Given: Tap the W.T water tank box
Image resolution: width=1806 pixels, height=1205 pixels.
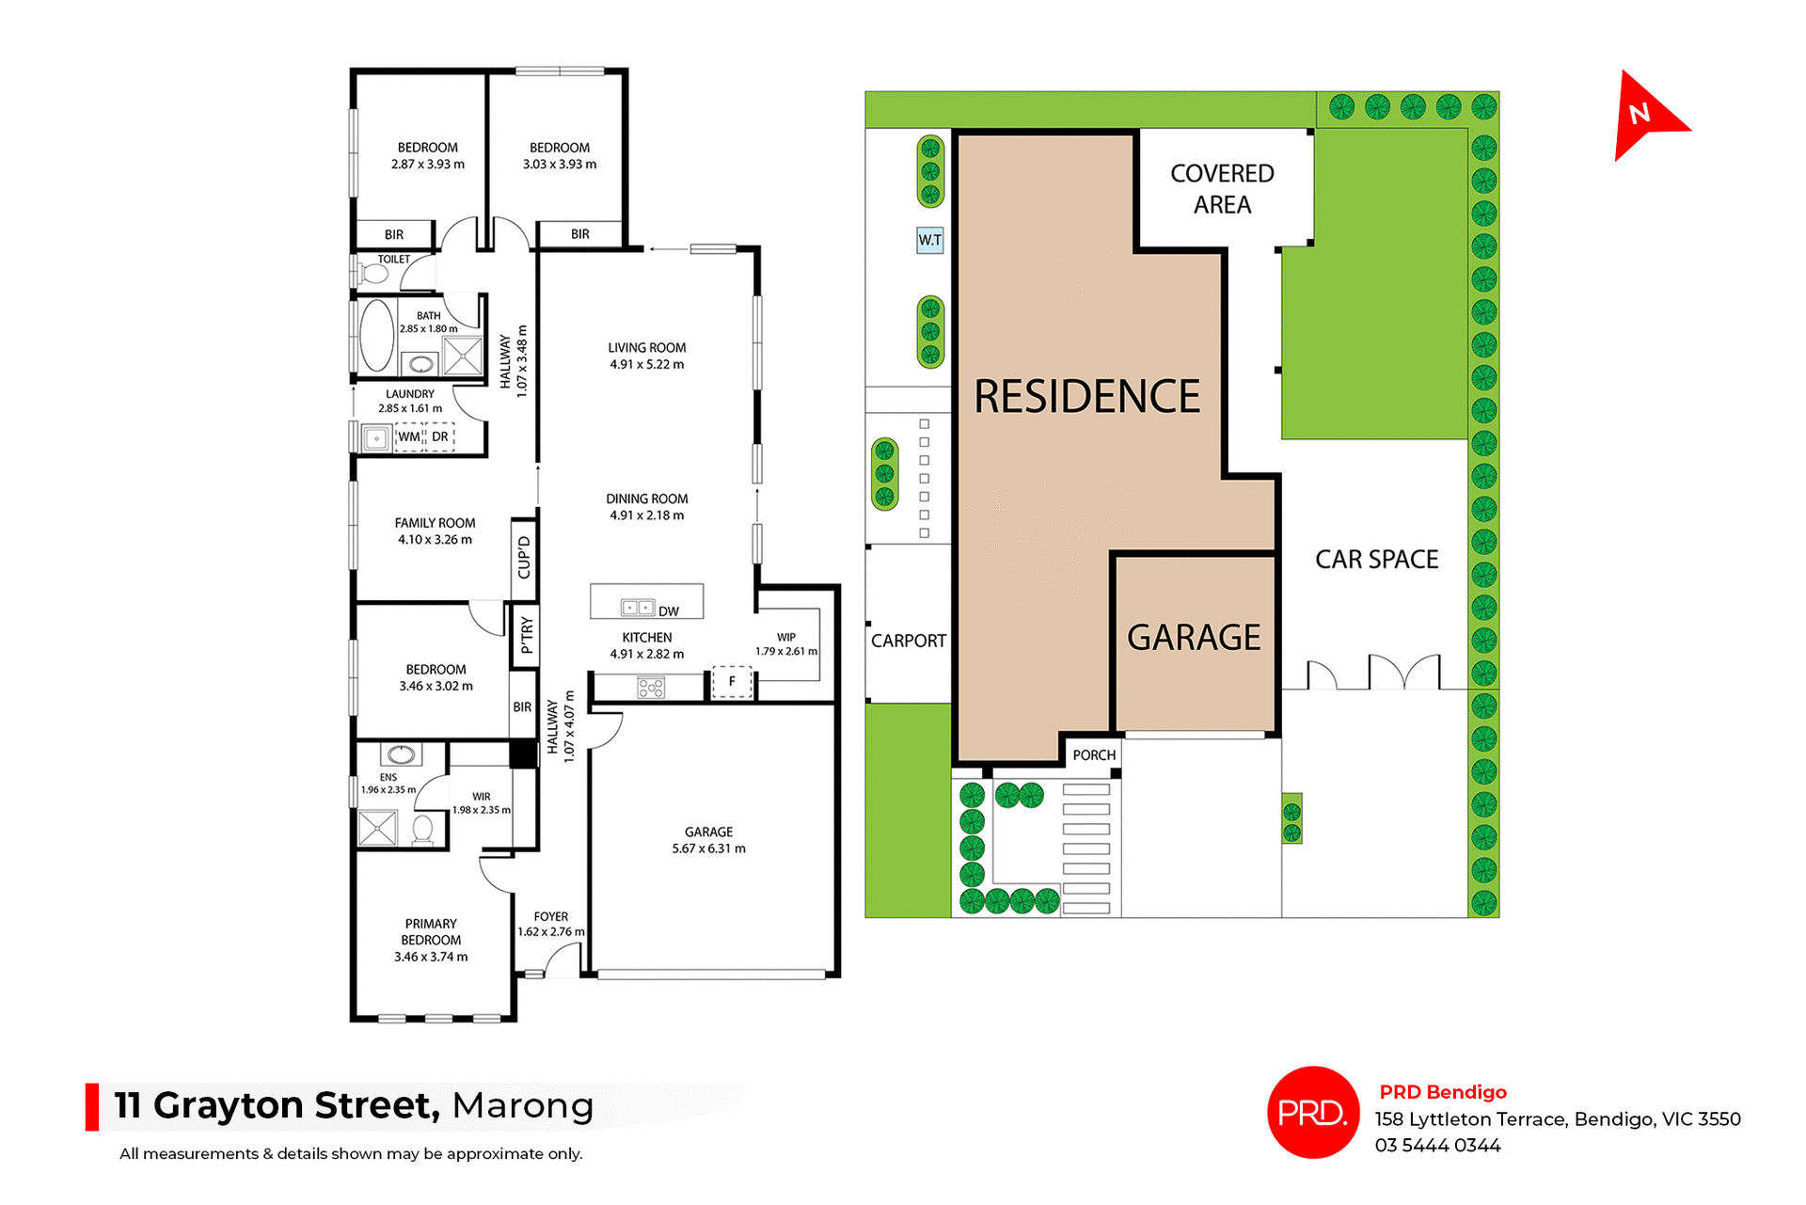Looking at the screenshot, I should tap(929, 240).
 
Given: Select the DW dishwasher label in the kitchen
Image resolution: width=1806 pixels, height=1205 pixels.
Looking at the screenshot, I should tap(668, 611).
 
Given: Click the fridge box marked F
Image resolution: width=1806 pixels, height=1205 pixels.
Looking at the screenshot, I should tap(732, 682).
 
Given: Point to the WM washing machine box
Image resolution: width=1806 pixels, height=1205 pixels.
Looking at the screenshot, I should tap(409, 436).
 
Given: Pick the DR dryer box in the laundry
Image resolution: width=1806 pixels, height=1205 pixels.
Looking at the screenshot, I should tap(440, 436).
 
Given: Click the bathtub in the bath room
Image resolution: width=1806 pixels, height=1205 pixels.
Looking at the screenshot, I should tap(376, 335).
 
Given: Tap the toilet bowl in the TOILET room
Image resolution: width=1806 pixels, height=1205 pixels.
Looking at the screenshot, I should tap(373, 274).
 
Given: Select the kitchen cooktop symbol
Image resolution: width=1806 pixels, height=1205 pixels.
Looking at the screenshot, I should tap(651, 689).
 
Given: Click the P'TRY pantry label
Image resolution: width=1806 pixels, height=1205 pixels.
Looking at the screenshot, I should tap(526, 635).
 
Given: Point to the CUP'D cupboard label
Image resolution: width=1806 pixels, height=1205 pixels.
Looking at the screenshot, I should tap(524, 558).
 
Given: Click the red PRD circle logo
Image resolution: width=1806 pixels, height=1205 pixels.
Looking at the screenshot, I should tap(1312, 1112).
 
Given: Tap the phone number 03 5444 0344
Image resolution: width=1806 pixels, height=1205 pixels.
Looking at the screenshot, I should tap(1437, 1145).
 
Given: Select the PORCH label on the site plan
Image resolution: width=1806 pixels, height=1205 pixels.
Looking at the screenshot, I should tap(1094, 754).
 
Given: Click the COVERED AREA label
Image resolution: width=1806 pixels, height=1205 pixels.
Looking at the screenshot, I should tap(1222, 189).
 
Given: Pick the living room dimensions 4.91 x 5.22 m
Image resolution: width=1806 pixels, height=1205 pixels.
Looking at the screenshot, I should tap(646, 364).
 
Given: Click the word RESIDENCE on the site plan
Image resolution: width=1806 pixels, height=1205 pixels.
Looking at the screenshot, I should tap(1086, 396).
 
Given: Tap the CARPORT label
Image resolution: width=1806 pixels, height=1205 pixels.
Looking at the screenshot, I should tap(908, 641).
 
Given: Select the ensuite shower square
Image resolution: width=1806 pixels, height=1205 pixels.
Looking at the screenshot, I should tap(378, 828).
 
